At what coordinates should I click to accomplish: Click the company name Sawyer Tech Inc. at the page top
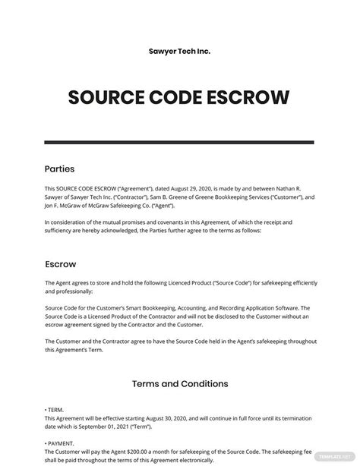click(180, 52)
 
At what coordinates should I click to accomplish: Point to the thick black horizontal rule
click(180, 142)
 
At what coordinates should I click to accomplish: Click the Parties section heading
click(60, 168)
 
